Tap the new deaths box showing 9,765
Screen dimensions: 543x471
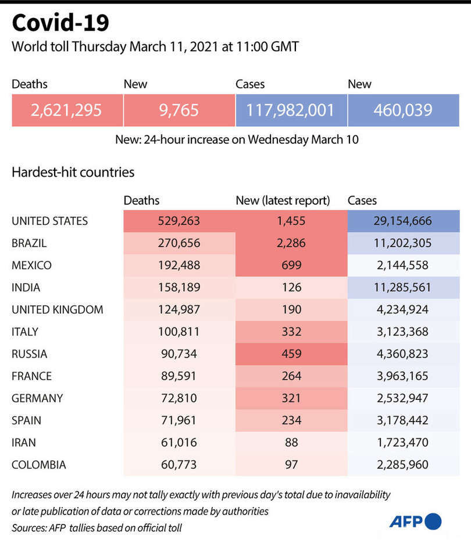[x=179, y=110]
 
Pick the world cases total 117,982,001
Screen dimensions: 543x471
[x=291, y=110]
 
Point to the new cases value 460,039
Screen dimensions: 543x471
[x=403, y=110]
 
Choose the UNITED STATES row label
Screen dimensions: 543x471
[x=50, y=221]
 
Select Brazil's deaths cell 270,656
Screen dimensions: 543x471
[x=179, y=243]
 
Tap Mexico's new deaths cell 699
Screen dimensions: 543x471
[x=291, y=265]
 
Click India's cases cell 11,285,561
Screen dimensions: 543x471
[x=403, y=287]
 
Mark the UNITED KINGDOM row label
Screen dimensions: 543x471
[x=58, y=310]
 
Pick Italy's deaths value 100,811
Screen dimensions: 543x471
[x=179, y=332]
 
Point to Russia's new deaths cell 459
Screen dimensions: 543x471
[x=291, y=354]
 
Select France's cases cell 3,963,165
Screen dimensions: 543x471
[x=403, y=376]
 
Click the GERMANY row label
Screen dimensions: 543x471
[x=37, y=398]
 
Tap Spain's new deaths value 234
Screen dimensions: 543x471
[x=291, y=420]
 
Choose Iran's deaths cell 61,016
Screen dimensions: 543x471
[x=179, y=442]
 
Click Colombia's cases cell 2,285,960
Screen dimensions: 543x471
[x=403, y=465]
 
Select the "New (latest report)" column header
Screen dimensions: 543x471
[x=283, y=201]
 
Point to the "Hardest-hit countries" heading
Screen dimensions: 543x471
[x=73, y=173]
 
